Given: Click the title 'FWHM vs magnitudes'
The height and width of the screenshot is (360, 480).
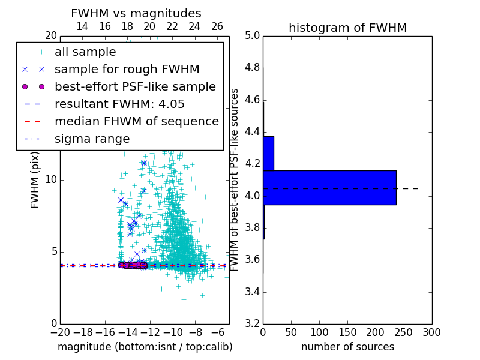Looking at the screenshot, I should click(x=136, y=13).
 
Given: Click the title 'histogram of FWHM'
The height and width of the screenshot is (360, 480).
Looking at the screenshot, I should click(x=347, y=28).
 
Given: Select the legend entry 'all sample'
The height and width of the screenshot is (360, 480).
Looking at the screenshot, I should click(x=85, y=52).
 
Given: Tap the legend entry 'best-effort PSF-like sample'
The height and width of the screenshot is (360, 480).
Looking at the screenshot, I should click(x=135, y=87).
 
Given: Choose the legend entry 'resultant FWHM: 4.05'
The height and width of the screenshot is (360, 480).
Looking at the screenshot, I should click(x=119, y=104).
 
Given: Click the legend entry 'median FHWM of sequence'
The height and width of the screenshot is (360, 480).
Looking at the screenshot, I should click(x=136, y=122).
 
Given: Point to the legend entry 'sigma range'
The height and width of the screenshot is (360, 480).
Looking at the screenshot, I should click(x=92, y=139).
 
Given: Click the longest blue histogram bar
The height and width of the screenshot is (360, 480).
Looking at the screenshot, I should click(x=329, y=187).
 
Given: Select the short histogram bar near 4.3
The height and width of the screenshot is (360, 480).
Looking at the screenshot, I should click(x=268, y=153).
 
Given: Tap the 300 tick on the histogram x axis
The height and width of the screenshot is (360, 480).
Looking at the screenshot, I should click(x=432, y=332).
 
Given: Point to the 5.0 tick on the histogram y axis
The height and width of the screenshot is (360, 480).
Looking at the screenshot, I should click(x=252, y=35).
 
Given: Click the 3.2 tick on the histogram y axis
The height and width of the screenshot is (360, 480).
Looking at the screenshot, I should click(x=252, y=324).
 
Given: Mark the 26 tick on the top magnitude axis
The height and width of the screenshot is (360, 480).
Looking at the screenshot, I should click(x=217, y=26).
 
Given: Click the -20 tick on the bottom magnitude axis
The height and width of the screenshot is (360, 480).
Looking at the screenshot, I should click(x=60, y=332).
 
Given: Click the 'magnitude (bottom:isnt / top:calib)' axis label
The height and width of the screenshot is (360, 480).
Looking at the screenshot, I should click(x=145, y=347).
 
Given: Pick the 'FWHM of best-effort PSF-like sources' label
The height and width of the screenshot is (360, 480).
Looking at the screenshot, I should click(x=235, y=179).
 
